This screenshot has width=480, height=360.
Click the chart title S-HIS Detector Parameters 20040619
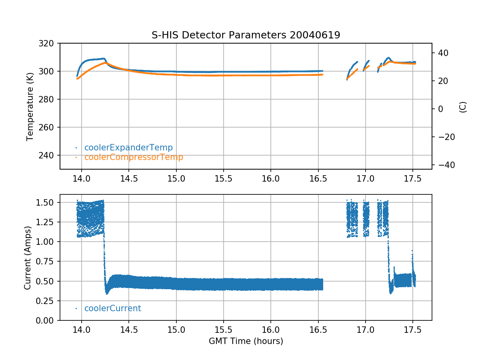pos(246,35)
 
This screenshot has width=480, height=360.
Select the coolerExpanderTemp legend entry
pos(128,148)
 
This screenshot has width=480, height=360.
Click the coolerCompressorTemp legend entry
pos(134,157)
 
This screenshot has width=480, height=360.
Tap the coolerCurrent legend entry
pos(112,308)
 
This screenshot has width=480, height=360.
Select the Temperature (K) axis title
pos(30,106)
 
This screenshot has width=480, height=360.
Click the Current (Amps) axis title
pos(27,258)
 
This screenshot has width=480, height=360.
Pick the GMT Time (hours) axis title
pos(246,341)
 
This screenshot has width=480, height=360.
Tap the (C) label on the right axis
pos(463,106)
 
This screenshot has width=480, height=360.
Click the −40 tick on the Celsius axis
pos(442,165)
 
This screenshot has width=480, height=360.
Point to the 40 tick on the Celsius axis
pos(442,53)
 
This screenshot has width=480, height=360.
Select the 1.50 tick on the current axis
pos(47,202)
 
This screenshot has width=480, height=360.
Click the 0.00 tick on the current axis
pos(47,320)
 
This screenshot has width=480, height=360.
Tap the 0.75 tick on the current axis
pos(47,262)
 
